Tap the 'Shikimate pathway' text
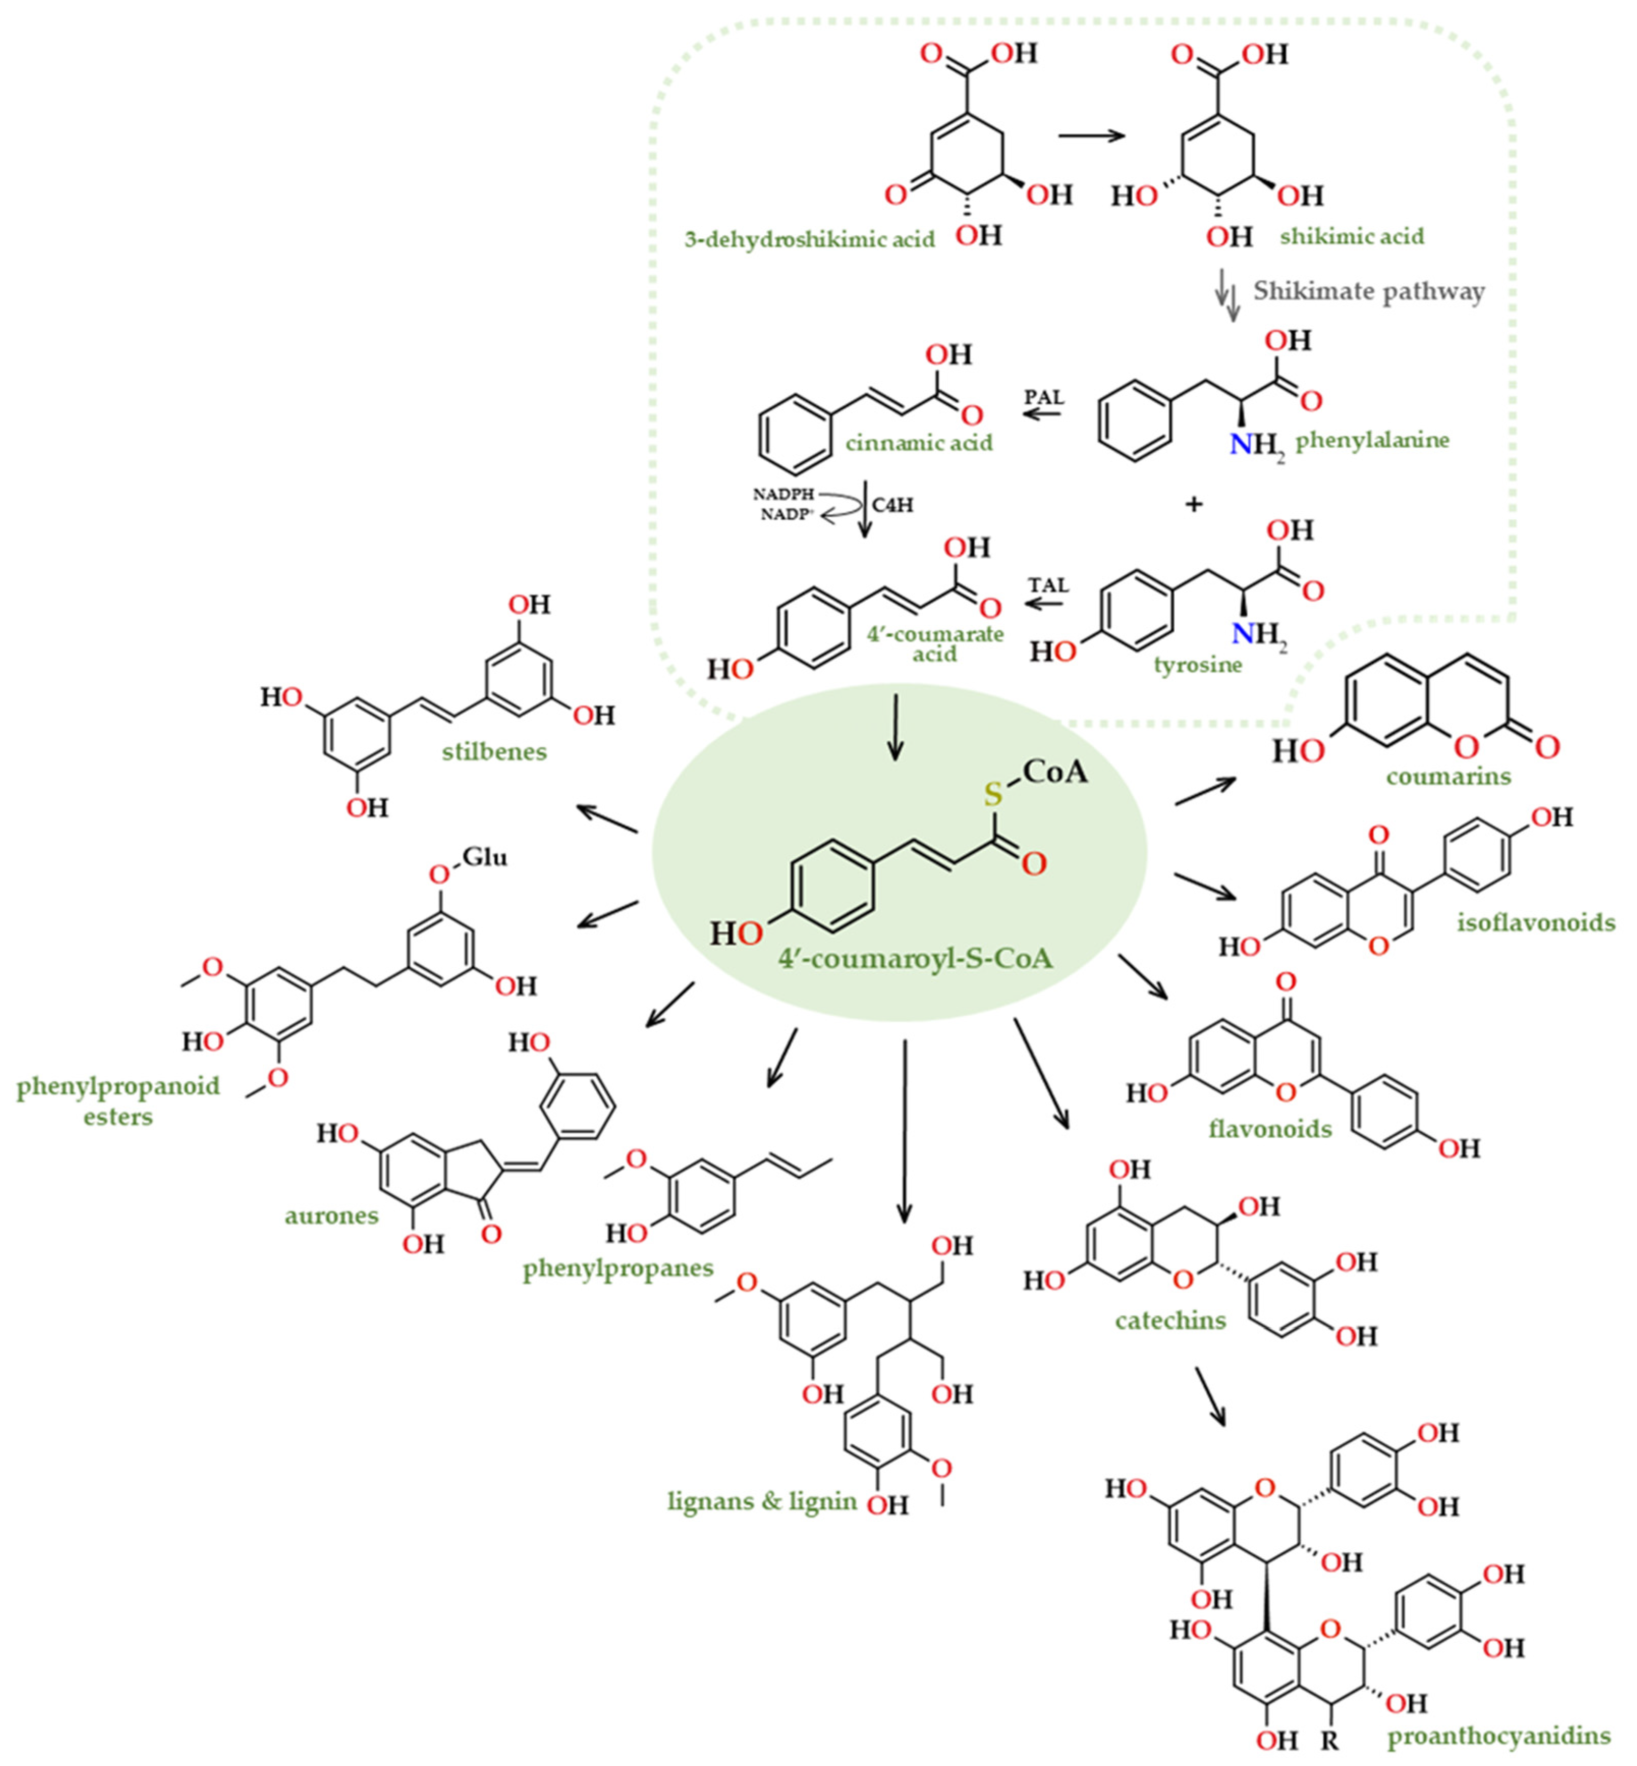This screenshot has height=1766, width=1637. (x=1369, y=291)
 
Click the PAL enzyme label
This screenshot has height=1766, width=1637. (x=1044, y=396)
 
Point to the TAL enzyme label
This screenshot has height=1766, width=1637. (x=1049, y=585)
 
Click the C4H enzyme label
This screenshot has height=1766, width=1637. (x=892, y=505)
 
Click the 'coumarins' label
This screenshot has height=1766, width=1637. (x=1448, y=777)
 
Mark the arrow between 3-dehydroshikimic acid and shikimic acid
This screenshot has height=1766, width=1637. (x=1091, y=135)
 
